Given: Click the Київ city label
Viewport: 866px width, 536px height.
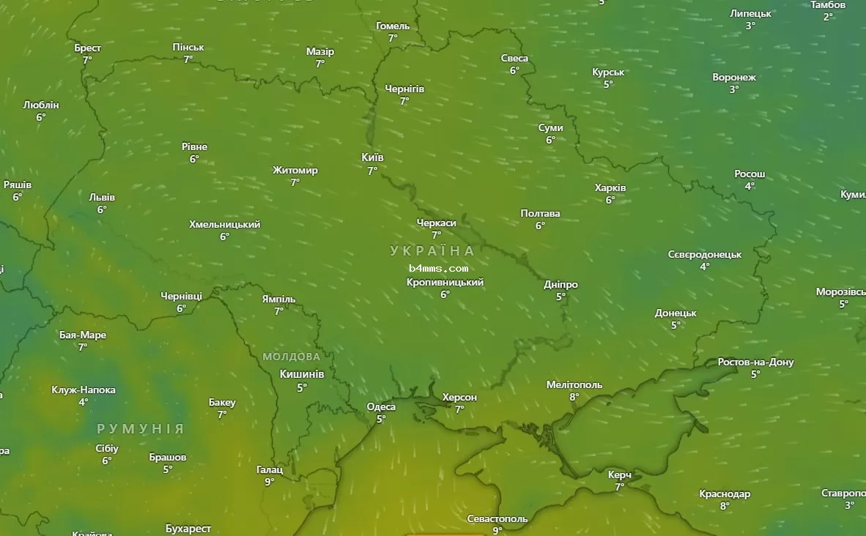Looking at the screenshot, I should point(372,157).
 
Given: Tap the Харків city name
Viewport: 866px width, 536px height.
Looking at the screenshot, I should point(610,187).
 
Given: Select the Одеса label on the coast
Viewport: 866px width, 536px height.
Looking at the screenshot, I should point(381,407).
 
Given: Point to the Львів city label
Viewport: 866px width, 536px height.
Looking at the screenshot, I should point(102,197).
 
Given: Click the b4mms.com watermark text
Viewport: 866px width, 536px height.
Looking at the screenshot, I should point(438,268).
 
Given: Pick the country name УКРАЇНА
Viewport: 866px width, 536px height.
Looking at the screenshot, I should point(432,250).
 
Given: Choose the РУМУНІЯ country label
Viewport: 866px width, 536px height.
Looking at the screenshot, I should point(140,428).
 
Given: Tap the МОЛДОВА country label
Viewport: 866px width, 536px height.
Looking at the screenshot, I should point(292,357).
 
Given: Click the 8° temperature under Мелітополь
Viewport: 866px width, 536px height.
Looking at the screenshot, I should point(574,397).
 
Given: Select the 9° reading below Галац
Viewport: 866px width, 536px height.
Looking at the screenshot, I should point(270,482).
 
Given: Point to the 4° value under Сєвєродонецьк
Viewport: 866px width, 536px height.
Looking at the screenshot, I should point(704,267).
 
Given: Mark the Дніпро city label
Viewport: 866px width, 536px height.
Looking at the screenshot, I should point(561,284).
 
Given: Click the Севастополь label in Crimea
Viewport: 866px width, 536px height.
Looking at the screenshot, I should point(497,518).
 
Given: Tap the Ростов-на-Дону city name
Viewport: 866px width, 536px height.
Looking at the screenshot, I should point(755,362).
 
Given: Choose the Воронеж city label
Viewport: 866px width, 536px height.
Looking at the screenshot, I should point(734,77).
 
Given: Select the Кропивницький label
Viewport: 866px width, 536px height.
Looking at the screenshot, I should point(445,282).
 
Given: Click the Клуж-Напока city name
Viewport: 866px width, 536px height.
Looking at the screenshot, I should point(84,390).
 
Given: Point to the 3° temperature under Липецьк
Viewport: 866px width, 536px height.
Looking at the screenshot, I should point(750,26).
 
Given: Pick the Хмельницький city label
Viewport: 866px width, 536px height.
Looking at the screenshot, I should point(224,224).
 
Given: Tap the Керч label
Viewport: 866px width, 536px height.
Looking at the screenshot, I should point(620,474).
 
